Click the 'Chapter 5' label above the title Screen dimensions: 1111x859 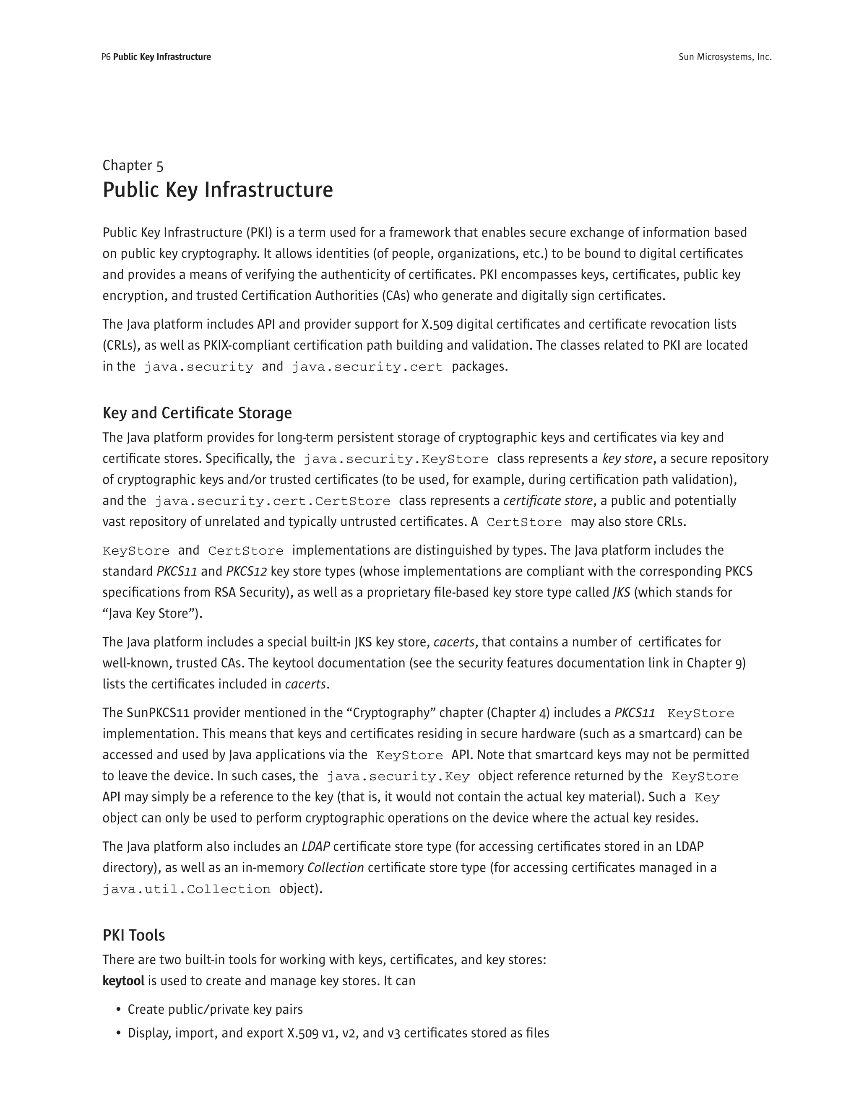pyautogui.click(x=133, y=165)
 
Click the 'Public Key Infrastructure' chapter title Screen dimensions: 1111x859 pyautogui.click(x=218, y=190)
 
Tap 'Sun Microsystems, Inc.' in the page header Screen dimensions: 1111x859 pyautogui.click(x=725, y=57)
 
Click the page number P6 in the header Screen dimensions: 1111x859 pyautogui.click(x=106, y=57)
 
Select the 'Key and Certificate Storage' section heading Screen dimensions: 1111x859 pyautogui.click(x=197, y=413)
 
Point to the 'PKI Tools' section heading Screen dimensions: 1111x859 pyautogui.click(x=134, y=935)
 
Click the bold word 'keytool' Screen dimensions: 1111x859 pyautogui.click(x=123, y=981)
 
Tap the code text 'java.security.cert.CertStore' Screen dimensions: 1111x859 pyautogui.click(x=272, y=501)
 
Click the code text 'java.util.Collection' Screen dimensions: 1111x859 pyautogui.click(x=186, y=889)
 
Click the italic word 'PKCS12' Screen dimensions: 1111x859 pyautogui.click(x=246, y=571)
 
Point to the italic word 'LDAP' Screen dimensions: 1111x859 pyautogui.click(x=315, y=846)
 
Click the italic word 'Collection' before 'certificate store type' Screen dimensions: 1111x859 pyautogui.click(x=336, y=867)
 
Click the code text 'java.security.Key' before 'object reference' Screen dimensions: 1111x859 pyautogui.click(x=398, y=776)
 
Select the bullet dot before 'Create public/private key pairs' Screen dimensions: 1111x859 pyautogui.click(x=119, y=1010)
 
